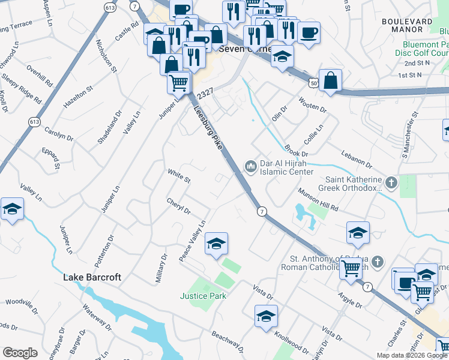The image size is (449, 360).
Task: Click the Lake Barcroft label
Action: pyautogui.click(x=92, y=277)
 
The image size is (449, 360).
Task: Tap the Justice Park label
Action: pyautogui.click(x=197, y=296)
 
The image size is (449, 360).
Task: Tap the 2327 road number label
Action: pyautogui.click(x=205, y=94)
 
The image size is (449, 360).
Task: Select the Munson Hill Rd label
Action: pyautogui.click(x=318, y=199)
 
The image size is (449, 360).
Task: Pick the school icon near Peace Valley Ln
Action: pyautogui.click(x=216, y=244)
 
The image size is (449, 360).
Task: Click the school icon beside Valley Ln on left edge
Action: pyautogui.click(x=12, y=209)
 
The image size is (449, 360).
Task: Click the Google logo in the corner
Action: pyautogui.click(x=20, y=353)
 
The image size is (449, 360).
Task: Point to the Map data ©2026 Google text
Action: pyautogui.click(x=412, y=355)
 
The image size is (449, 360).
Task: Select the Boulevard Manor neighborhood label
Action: pyautogui.click(x=407, y=25)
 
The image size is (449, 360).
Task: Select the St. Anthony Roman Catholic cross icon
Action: pyautogui.click(x=376, y=262)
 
